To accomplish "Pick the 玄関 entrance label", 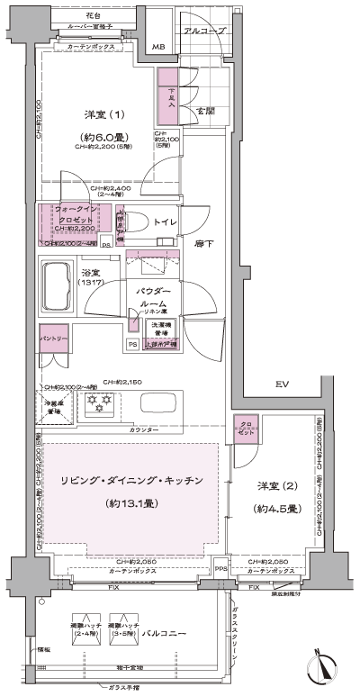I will (205, 111).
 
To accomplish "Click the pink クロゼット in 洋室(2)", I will (246, 429).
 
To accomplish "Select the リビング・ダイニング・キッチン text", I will (133, 480).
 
